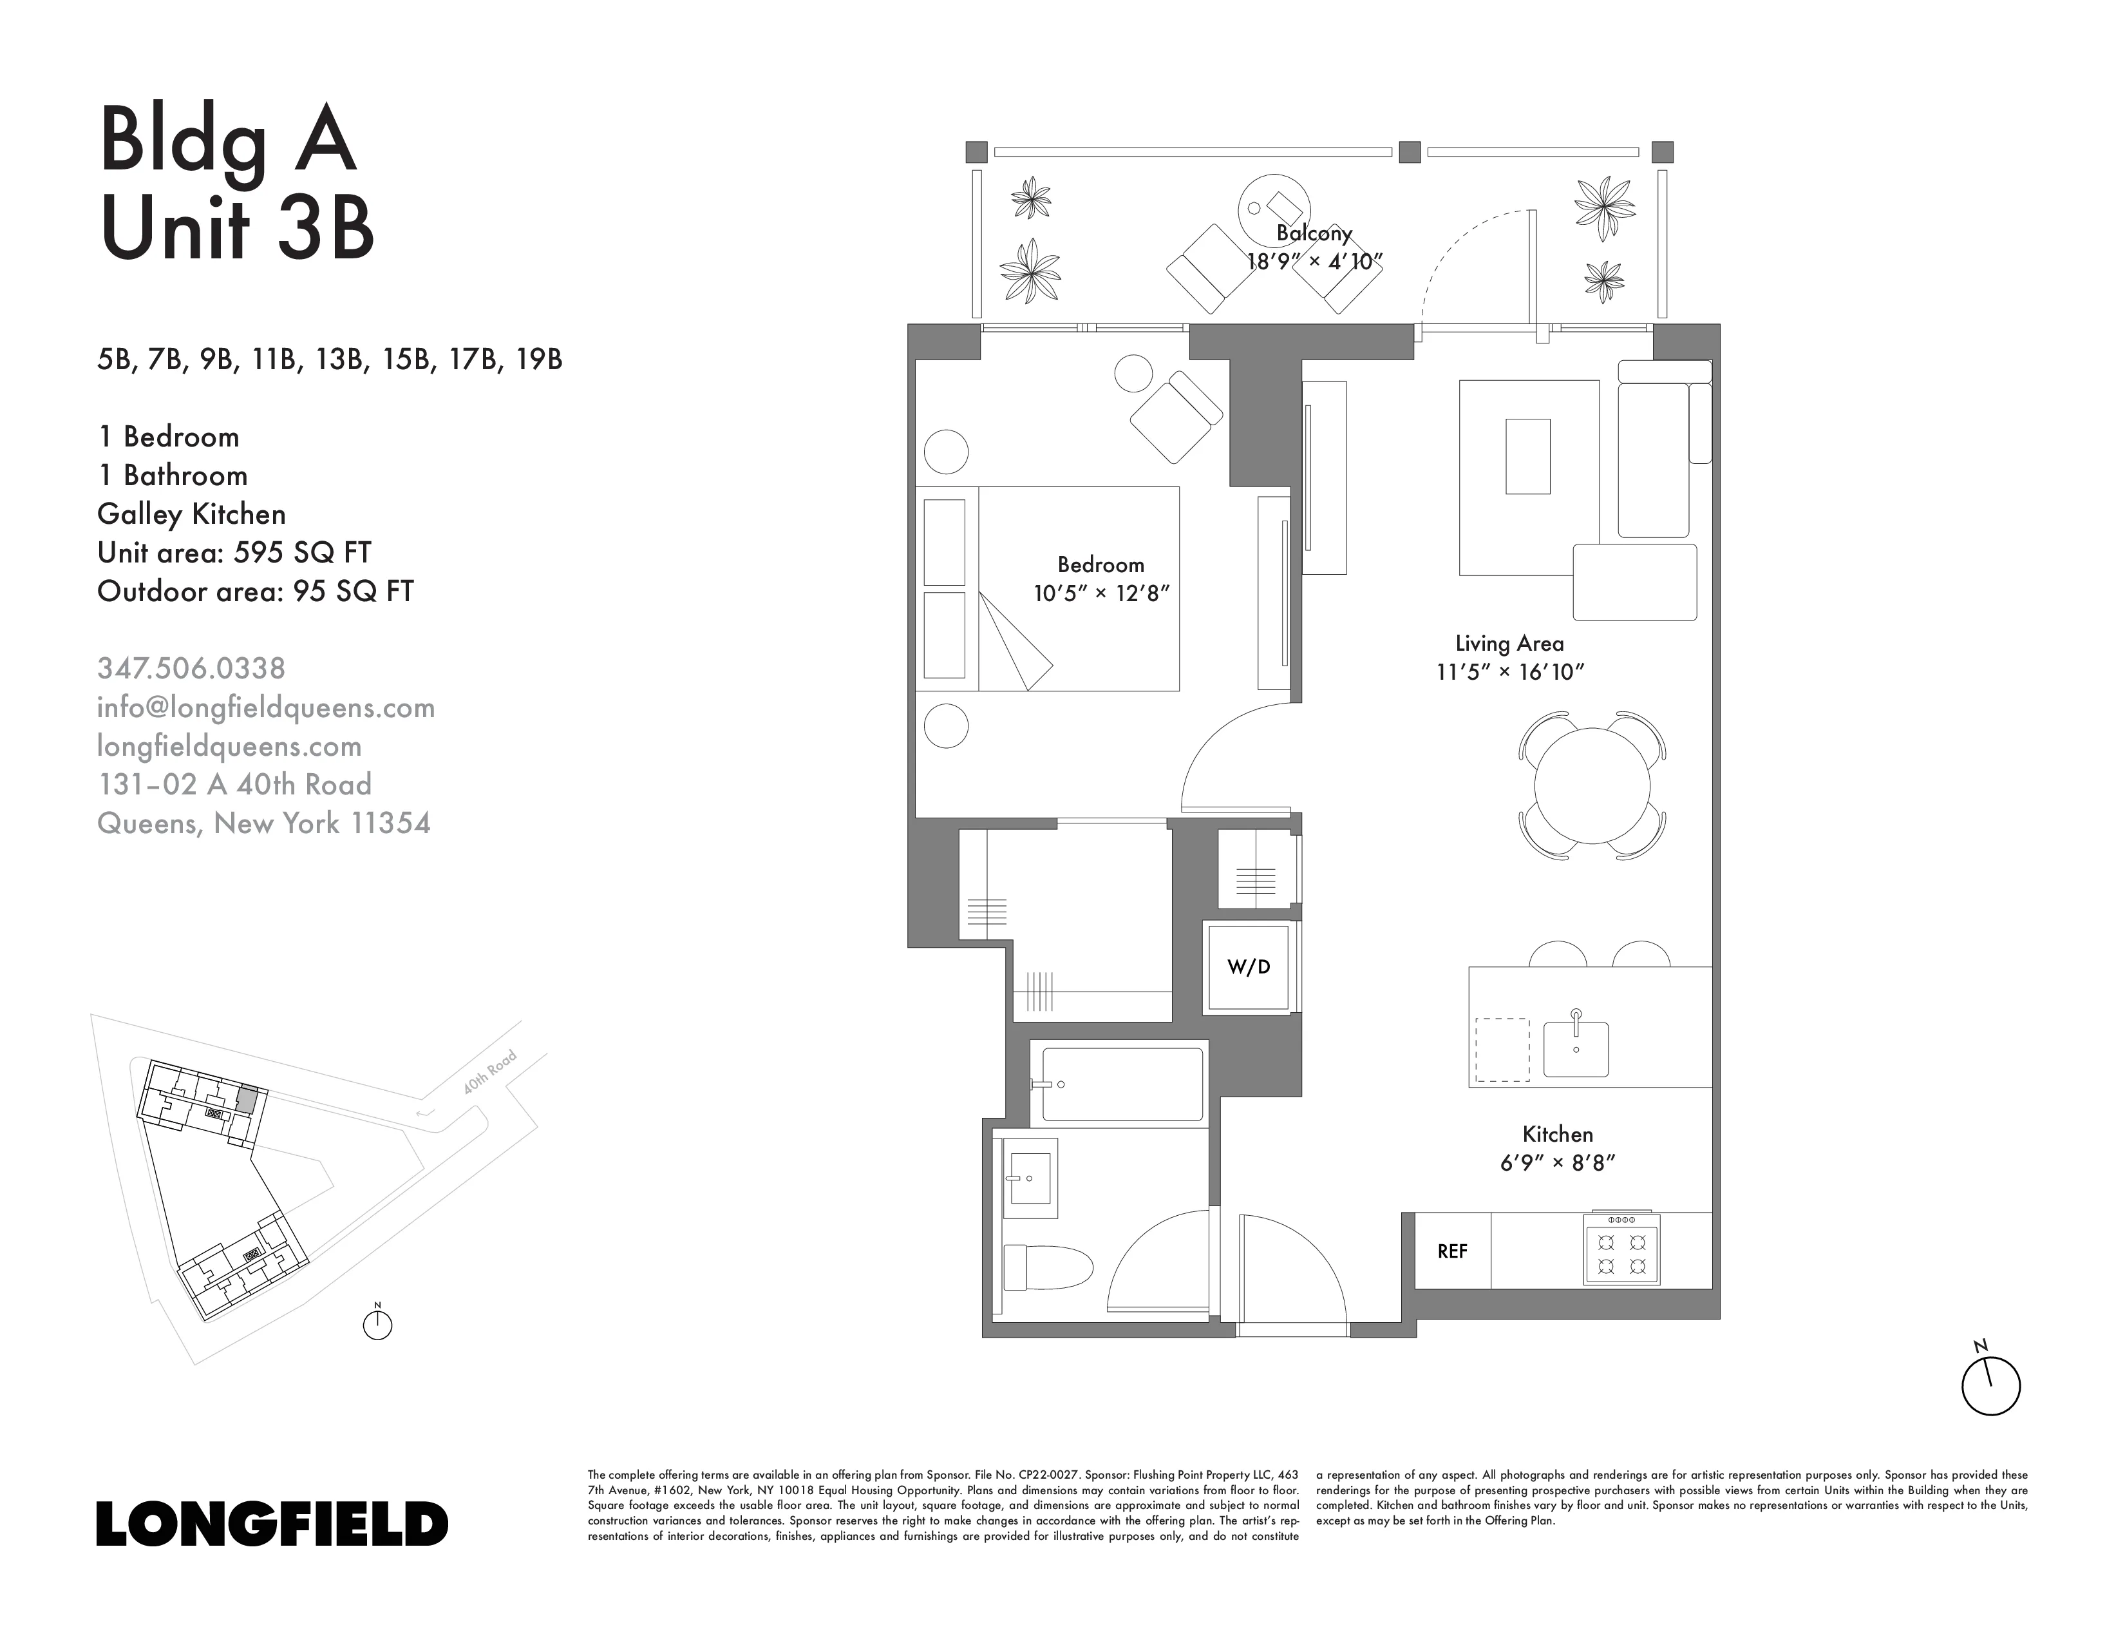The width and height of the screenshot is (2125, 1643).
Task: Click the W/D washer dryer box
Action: [x=1249, y=966]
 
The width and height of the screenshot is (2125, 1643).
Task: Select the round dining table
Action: [x=1592, y=785]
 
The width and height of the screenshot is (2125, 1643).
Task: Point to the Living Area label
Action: [x=1509, y=644]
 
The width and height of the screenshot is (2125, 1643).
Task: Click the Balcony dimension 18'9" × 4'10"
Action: [x=1314, y=262]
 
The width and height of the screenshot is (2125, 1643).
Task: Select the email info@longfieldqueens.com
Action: [x=265, y=707]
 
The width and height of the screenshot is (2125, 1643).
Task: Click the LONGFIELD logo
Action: [x=272, y=1523]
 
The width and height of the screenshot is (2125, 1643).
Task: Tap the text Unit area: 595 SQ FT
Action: [x=234, y=553]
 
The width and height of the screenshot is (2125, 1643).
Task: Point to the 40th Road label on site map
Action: [x=489, y=1073]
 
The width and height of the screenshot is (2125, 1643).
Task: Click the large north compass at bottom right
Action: [x=1990, y=1385]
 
